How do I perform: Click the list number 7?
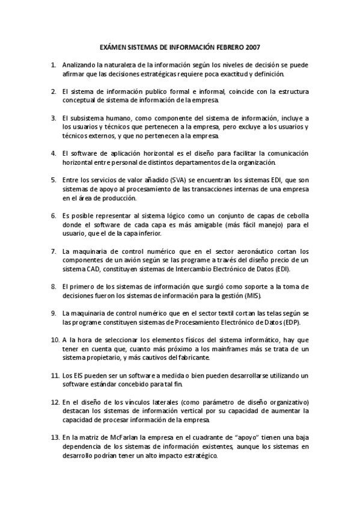coord(53,251)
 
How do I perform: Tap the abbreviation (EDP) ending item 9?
coord(297,322)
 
